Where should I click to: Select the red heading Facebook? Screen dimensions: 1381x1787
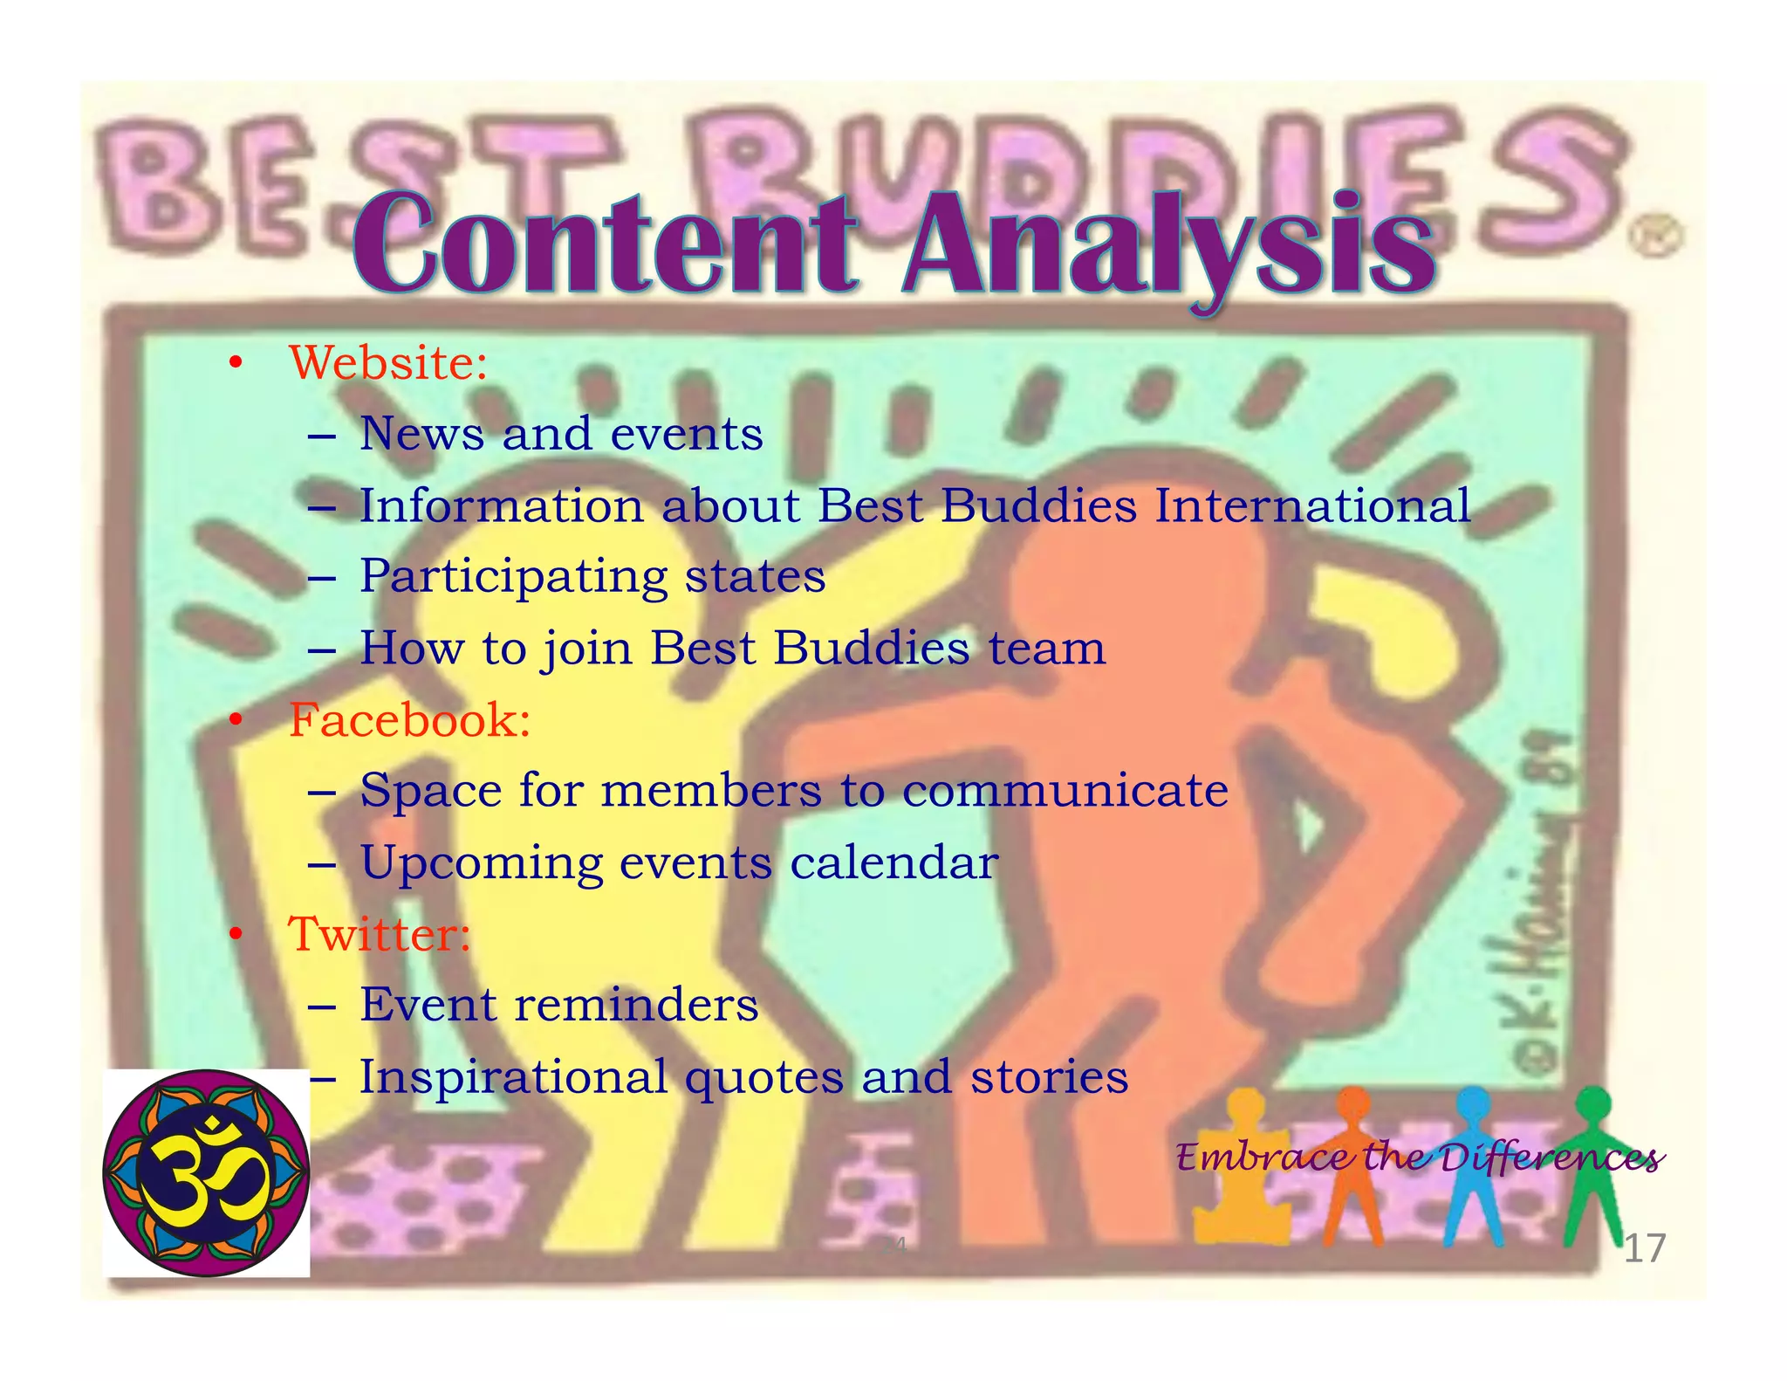[x=409, y=720]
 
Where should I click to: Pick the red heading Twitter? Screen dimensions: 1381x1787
[x=380, y=934]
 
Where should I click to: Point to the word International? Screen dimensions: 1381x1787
[x=1312, y=505]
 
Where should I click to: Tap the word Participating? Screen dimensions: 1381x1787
[x=513, y=577]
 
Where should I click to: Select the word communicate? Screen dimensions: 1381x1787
[x=1065, y=791]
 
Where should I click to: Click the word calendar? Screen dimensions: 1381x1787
[x=893, y=862]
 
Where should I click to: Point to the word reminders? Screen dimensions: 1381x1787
[x=636, y=1005]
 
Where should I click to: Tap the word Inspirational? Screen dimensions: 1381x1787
[x=513, y=1076]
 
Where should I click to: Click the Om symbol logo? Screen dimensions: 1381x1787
[x=207, y=1172]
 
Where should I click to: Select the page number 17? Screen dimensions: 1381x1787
[x=1644, y=1248]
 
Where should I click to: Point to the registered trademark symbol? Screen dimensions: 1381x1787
[x=1653, y=237]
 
